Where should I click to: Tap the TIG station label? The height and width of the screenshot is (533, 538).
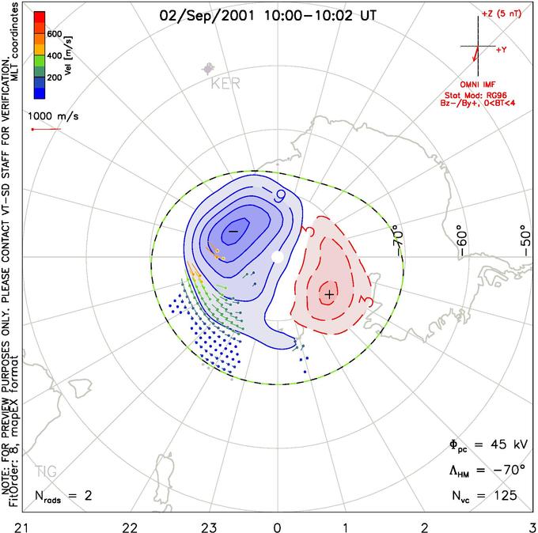47,471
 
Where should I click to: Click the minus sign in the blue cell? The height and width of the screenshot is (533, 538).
233,230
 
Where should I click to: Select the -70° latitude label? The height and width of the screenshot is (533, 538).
397,235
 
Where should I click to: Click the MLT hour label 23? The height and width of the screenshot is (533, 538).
210,525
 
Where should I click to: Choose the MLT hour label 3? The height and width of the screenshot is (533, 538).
531,525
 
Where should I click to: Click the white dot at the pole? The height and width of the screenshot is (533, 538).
276,257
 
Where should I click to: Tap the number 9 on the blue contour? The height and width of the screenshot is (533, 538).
281,195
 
